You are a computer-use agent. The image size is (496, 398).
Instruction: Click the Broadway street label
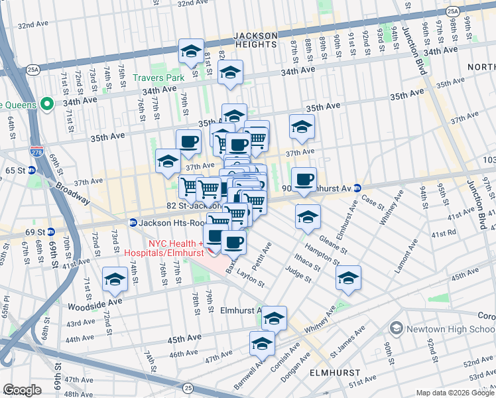point(72,193)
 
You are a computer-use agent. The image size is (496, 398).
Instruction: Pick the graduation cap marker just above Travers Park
point(191,52)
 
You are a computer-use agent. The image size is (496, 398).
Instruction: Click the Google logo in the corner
point(22,390)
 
